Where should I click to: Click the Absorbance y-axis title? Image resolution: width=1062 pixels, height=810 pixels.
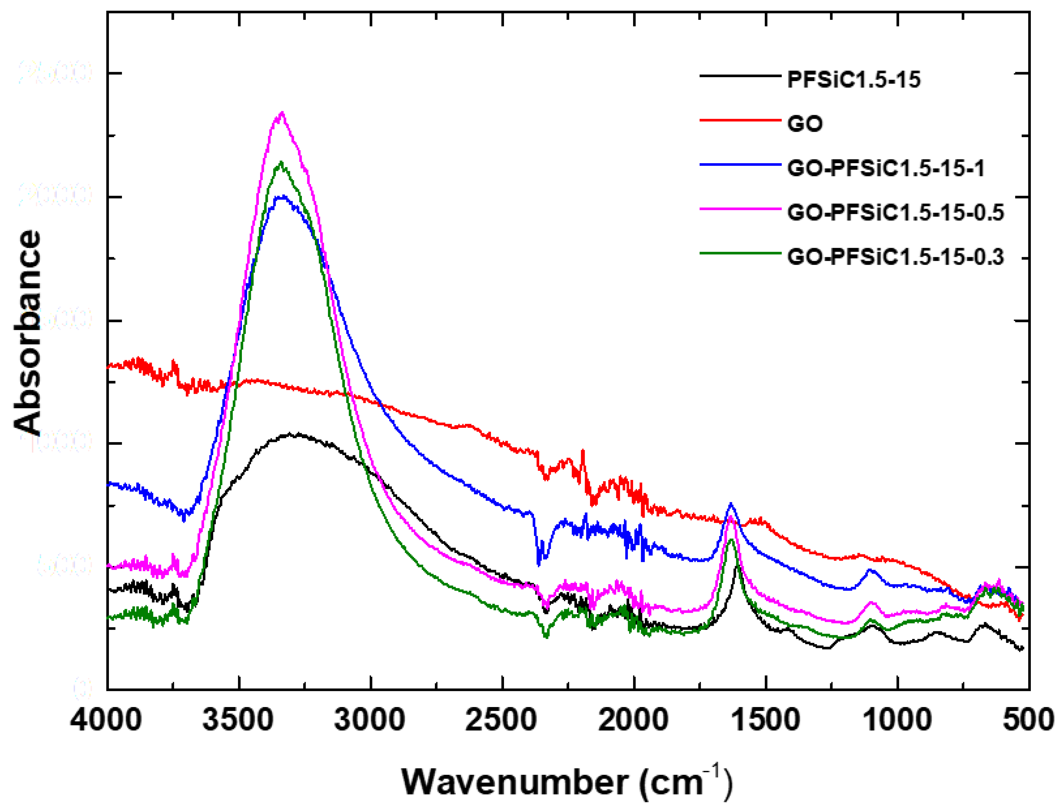tap(28, 333)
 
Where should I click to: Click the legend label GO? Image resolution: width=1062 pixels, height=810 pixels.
tap(805, 124)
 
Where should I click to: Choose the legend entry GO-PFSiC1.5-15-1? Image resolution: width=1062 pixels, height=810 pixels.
tap(885, 168)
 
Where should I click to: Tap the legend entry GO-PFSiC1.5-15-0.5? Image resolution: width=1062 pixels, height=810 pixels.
tap(895, 213)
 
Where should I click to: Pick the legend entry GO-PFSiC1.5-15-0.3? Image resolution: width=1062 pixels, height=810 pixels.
tap(895, 257)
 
